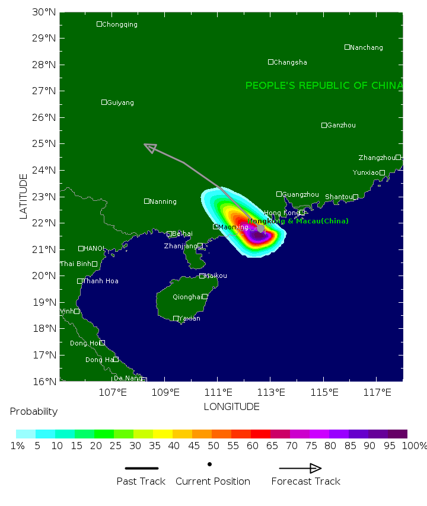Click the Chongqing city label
pyautogui.click(x=120, y=24)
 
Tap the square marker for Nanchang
pyautogui.click(x=348, y=47)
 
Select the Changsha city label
pyautogui.click(x=291, y=62)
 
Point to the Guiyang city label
pyautogui.click(x=120, y=103)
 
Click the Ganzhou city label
pyautogui.click(x=342, y=125)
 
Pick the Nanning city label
pyautogui.click(x=163, y=201)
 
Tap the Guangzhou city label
pyautogui.click(x=300, y=194)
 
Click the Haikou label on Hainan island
pyautogui.click(x=215, y=276)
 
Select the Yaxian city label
pyautogui.click(x=190, y=319)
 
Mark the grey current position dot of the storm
pyautogui.click(x=260, y=228)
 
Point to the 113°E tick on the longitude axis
pyautogui.click(x=270, y=392)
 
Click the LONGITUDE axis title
pyautogui.click(x=231, y=406)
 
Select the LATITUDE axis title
pyautogui.click(x=24, y=196)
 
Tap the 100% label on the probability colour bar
pyautogui.click(x=414, y=446)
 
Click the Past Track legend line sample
pyautogui.click(x=141, y=468)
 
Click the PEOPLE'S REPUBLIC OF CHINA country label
pyautogui.click(x=324, y=86)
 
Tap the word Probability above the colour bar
pyautogui.click(x=34, y=411)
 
